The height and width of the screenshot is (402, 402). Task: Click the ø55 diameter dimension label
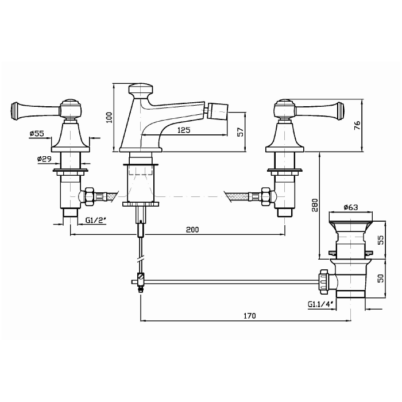[x=37, y=133]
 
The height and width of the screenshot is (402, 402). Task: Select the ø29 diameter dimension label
[x=44, y=159]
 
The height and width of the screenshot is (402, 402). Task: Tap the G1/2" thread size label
[x=96, y=220]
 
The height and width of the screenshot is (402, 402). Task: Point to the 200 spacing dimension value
[x=192, y=230]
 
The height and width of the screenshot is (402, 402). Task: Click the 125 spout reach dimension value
[x=184, y=130]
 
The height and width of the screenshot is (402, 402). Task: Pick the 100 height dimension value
[x=109, y=117]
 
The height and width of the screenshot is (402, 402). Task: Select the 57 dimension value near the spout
[x=240, y=132]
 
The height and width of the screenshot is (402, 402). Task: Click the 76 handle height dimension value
[x=357, y=125]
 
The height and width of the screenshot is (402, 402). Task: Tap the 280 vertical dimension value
[x=315, y=205]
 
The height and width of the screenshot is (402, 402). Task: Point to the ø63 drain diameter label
[x=351, y=207]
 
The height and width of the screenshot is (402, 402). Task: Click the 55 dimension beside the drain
[x=381, y=240]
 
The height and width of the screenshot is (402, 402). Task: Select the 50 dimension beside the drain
[x=381, y=278]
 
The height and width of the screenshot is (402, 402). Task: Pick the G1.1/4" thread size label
[x=320, y=304]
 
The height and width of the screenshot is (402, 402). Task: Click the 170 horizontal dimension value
[x=249, y=316]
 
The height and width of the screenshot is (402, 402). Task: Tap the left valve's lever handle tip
[x=14, y=110]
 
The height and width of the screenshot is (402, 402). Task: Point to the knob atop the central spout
[x=141, y=88]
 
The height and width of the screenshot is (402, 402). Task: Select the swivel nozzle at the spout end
[x=217, y=111]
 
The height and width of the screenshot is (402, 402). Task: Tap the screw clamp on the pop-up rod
[x=141, y=280]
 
